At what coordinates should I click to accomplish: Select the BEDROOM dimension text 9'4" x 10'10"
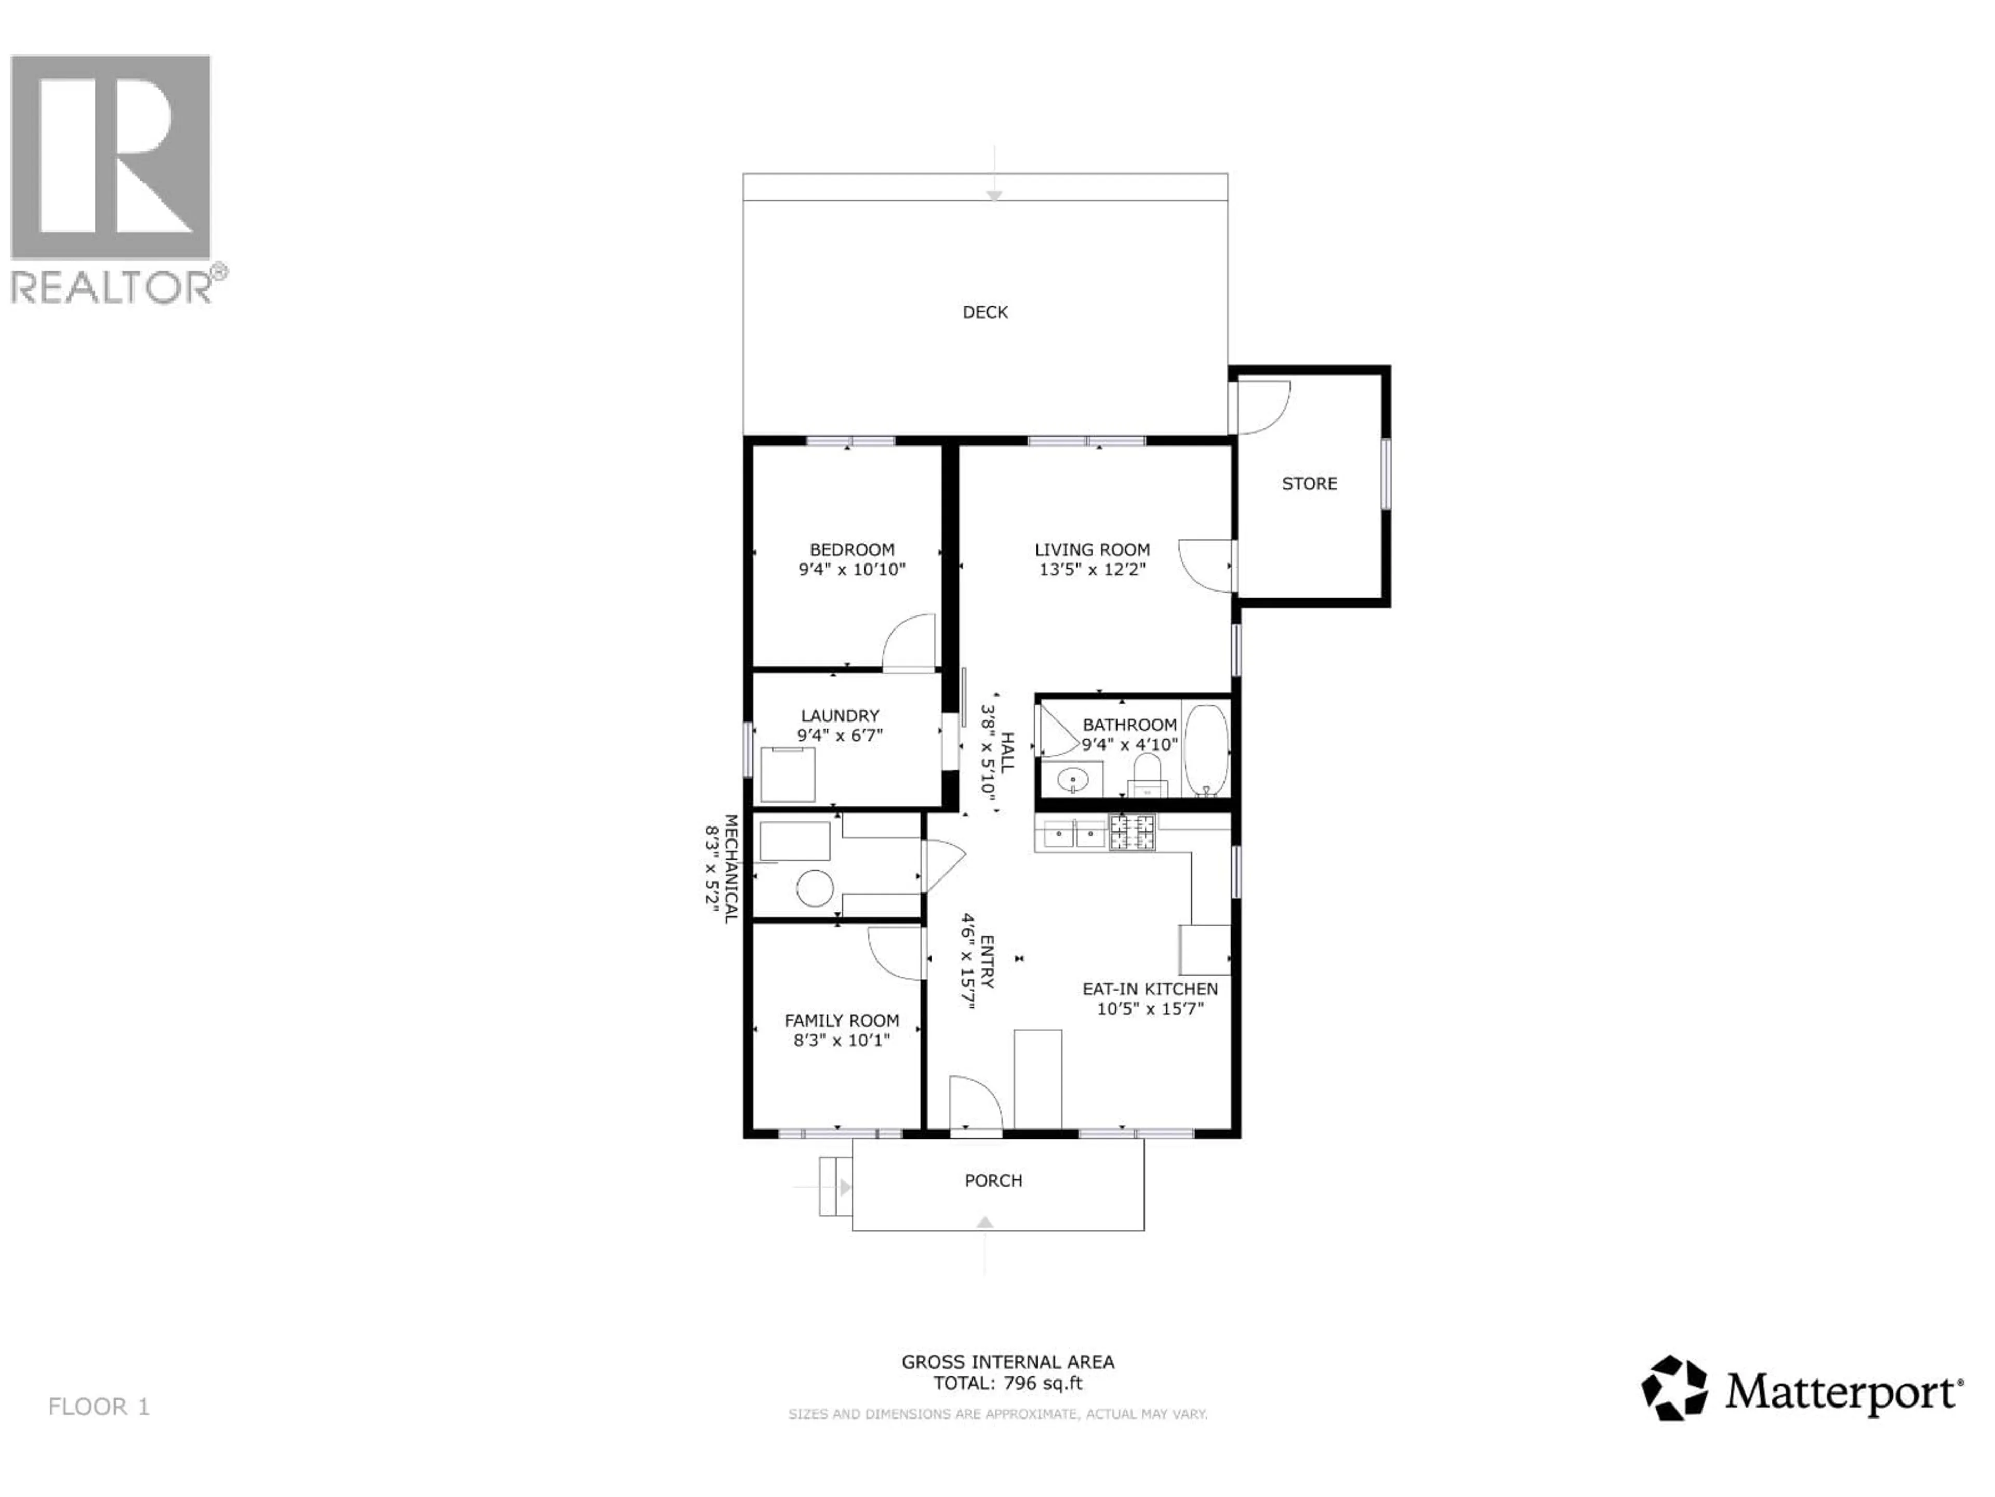(x=852, y=569)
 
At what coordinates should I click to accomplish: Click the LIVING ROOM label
(x=1092, y=549)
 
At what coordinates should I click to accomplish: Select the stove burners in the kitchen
(x=1132, y=832)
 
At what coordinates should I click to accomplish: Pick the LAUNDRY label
(x=840, y=716)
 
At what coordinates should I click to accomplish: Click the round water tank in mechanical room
(x=815, y=888)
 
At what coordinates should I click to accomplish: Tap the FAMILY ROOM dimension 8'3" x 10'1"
(x=842, y=1041)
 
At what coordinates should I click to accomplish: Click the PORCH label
(x=993, y=1180)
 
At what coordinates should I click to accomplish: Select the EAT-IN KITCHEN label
(x=1150, y=989)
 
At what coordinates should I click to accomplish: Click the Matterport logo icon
(x=1674, y=1388)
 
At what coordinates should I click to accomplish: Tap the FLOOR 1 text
(x=99, y=1407)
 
